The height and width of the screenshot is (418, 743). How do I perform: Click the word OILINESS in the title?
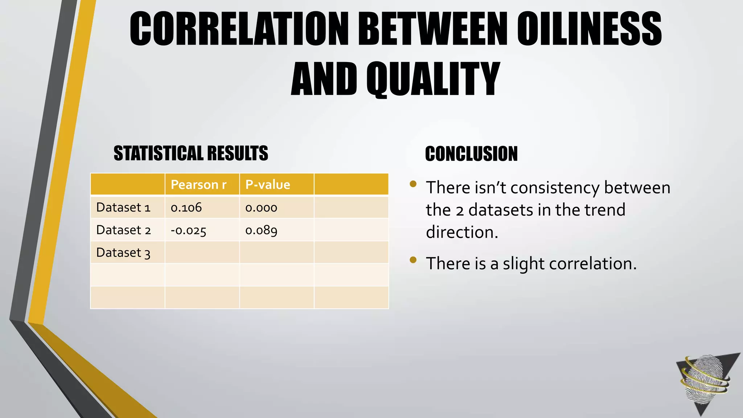pos(589,29)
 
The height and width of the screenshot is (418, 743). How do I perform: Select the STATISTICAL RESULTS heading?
pos(191,153)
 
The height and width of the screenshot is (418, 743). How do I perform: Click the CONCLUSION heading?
pos(471,154)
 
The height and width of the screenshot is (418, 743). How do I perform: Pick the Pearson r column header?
pos(198,185)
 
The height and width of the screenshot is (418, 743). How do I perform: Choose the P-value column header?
pos(268,185)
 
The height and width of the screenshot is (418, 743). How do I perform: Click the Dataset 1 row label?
pos(123,208)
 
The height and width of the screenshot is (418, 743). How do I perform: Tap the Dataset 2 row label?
pos(123,230)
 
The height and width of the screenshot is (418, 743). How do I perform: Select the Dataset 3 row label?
pos(123,253)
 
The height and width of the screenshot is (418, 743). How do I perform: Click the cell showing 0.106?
pos(186,208)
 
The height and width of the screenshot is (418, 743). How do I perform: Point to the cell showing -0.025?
pos(188,230)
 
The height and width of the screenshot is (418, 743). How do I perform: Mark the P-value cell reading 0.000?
pos(261,208)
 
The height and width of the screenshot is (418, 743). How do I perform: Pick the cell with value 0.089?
pos(261,230)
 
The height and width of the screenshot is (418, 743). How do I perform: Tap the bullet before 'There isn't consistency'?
pos(413,184)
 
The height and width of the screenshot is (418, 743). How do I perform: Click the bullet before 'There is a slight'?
pos(413,259)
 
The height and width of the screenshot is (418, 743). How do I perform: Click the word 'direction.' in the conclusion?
pos(462,232)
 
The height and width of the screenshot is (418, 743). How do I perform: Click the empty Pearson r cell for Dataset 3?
pos(202,253)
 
